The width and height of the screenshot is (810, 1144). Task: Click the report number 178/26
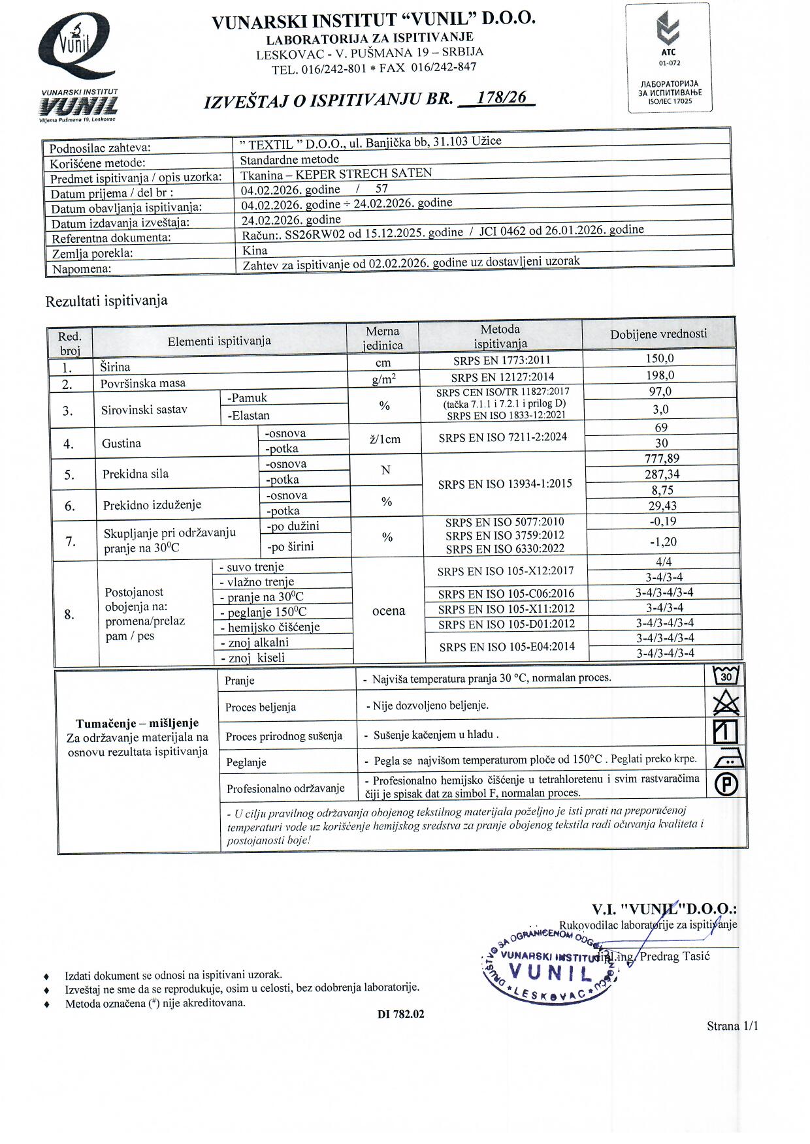[x=501, y=98]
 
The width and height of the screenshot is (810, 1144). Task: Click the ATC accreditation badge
[x=669, y=57]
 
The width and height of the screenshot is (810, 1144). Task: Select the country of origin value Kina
[x=254, y=250]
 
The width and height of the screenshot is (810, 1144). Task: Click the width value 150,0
[x=660, y=358]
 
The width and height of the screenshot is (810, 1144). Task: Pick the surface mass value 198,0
[x=660, y=375]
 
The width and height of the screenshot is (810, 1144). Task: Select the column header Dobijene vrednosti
[x=658, y=334]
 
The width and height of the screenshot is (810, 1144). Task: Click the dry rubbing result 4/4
[x=664, y=562]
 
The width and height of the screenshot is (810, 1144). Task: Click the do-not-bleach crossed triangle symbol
[x=726, y=703]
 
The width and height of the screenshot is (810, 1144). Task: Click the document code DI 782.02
[x=400, y=1014]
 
